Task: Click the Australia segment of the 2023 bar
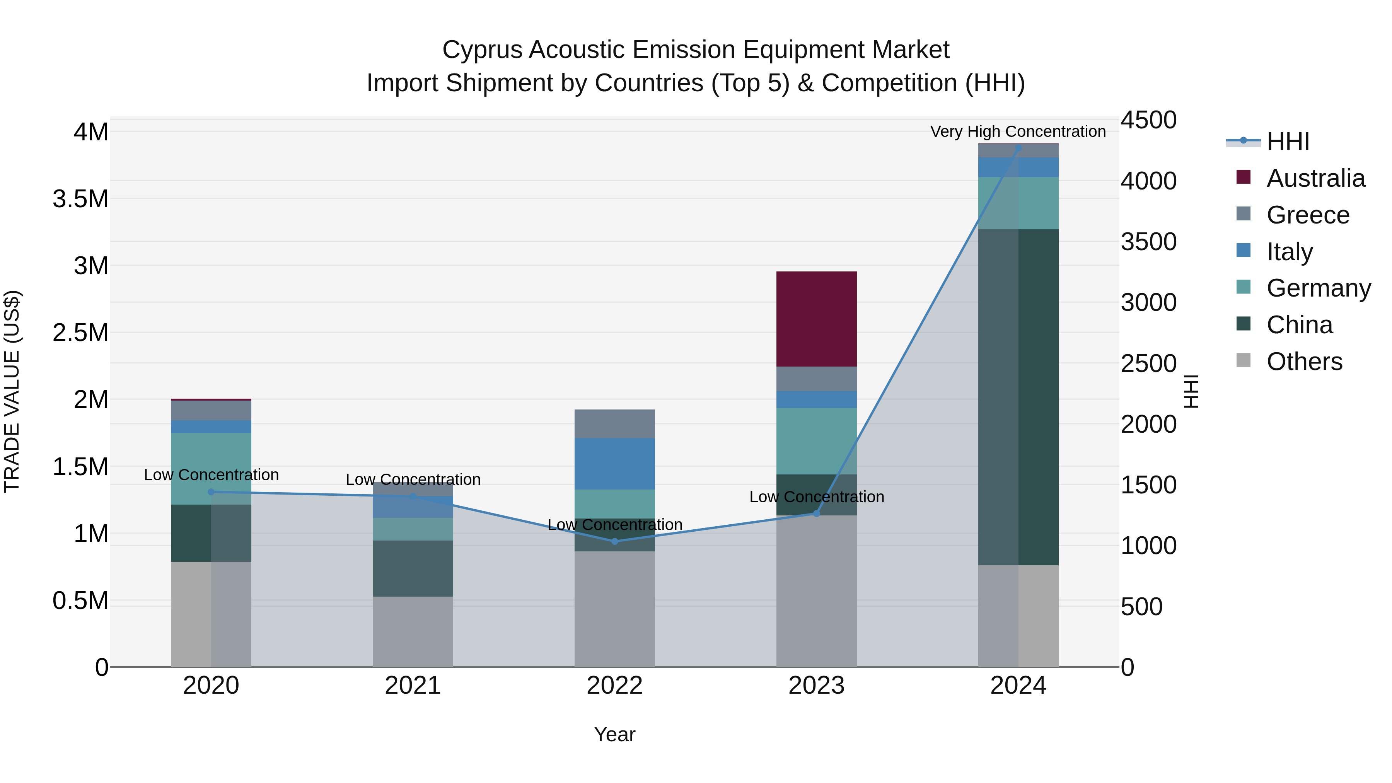[816, 319]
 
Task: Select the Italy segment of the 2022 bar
[614, 464]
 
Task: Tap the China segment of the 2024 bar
[1018, 397]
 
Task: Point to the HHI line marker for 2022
[614, 541]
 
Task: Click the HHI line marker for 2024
[1018, 148]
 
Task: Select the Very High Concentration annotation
[1018, 131]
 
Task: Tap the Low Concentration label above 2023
[816, 496]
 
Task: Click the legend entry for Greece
[1308, 215]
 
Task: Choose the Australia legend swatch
[1243, 177]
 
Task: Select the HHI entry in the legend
[1288, 142]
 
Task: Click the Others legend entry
[1304, 362]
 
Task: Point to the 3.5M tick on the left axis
[80, 199]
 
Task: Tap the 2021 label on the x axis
[413, 686]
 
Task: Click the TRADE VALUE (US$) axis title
[12, 391]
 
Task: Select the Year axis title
[614, 734]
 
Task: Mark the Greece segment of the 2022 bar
[614, 424]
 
